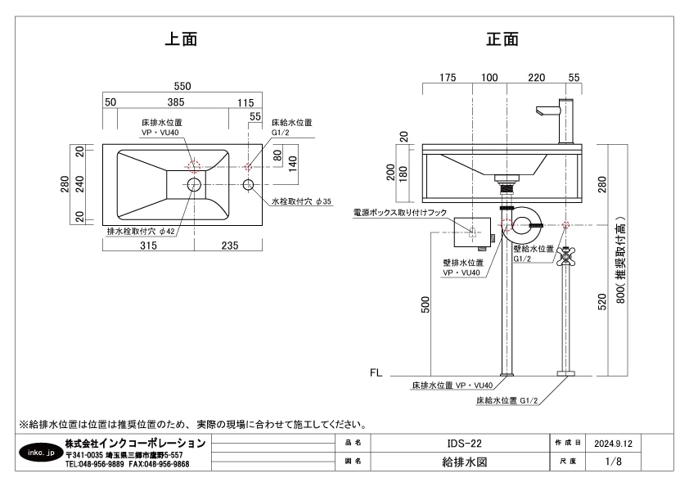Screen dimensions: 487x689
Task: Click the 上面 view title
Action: coord(181,38)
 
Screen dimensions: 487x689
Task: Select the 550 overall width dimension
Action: coord(181,86)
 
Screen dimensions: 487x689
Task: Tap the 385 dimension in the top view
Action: coord(176,102)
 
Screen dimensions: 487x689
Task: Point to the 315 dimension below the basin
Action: coord(148,245)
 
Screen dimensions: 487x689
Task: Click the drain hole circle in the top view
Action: coord(194,185)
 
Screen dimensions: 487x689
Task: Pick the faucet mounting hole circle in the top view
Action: coord(250,185)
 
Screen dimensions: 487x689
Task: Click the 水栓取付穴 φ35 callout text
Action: coord(302,201)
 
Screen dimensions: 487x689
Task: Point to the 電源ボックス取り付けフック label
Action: coord(400,213)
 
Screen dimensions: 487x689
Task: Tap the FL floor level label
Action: coord(376,372)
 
